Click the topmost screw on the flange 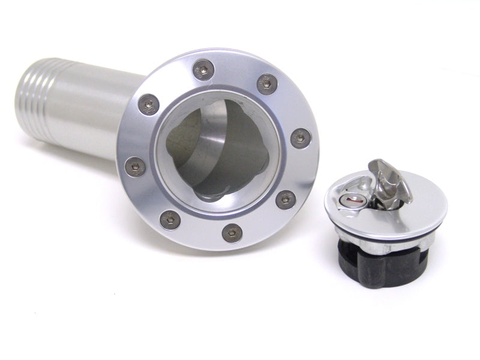tap(204, 70)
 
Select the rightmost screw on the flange tap(301, 139)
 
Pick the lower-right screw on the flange tap(286, 199)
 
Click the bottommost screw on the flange tap(232, 232)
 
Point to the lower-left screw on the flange tap(170, 220)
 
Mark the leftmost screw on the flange tap(135, 166)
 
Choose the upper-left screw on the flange tap(148, 105)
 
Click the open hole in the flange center tap(216, 150)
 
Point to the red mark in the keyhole tap(353, 203)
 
